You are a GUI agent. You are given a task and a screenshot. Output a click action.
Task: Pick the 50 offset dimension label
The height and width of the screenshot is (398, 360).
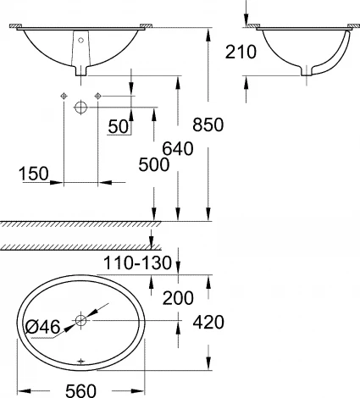120,126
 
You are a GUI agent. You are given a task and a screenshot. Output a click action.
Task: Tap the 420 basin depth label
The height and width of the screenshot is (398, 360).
208,322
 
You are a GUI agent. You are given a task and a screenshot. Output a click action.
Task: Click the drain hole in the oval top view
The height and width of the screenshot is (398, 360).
81,321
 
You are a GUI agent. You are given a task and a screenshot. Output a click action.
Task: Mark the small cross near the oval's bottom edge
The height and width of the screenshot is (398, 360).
81,361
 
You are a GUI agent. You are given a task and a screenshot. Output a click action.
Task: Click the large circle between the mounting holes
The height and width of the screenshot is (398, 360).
81,108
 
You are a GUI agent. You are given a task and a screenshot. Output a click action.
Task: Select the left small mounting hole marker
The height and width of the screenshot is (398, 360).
64,95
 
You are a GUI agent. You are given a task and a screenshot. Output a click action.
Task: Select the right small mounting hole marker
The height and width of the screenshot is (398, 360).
99,95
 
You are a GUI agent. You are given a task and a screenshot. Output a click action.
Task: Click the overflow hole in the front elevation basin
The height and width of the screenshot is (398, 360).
81,39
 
